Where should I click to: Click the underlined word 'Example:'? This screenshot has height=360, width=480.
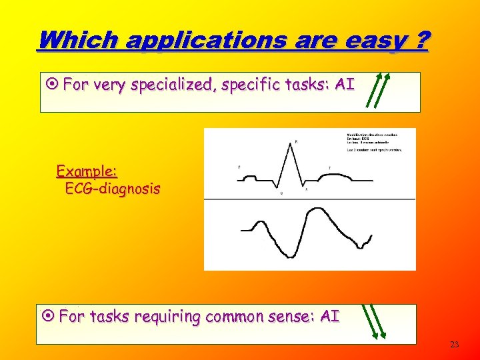pyautogui.click(x=87, y=171)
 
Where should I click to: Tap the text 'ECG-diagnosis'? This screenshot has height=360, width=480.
pyautogui.click(x=112, y=189)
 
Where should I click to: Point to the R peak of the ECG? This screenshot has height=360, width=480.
pyautogui.click(x=293, y=147)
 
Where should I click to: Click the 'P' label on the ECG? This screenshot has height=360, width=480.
pyautogui.click(x=239, y=167)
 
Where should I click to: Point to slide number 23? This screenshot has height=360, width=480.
pyautogui.click(x=455, y=345)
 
